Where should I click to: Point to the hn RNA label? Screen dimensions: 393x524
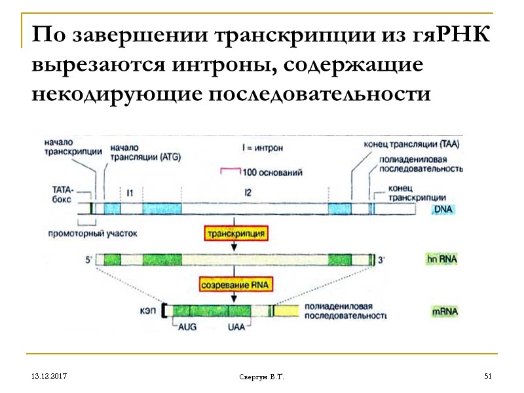point(441,259)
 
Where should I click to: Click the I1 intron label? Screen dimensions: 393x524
point(130,193)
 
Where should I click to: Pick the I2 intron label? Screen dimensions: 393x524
point(248,193)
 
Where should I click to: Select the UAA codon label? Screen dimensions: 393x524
point(236,327)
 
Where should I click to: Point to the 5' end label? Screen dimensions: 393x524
point(88,259)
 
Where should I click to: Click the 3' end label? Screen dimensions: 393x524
point(383,260)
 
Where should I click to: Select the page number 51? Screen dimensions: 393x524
point(487,375)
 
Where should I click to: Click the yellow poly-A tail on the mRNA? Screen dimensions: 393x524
point(285,311)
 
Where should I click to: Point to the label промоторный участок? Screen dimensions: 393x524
point(93,233)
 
